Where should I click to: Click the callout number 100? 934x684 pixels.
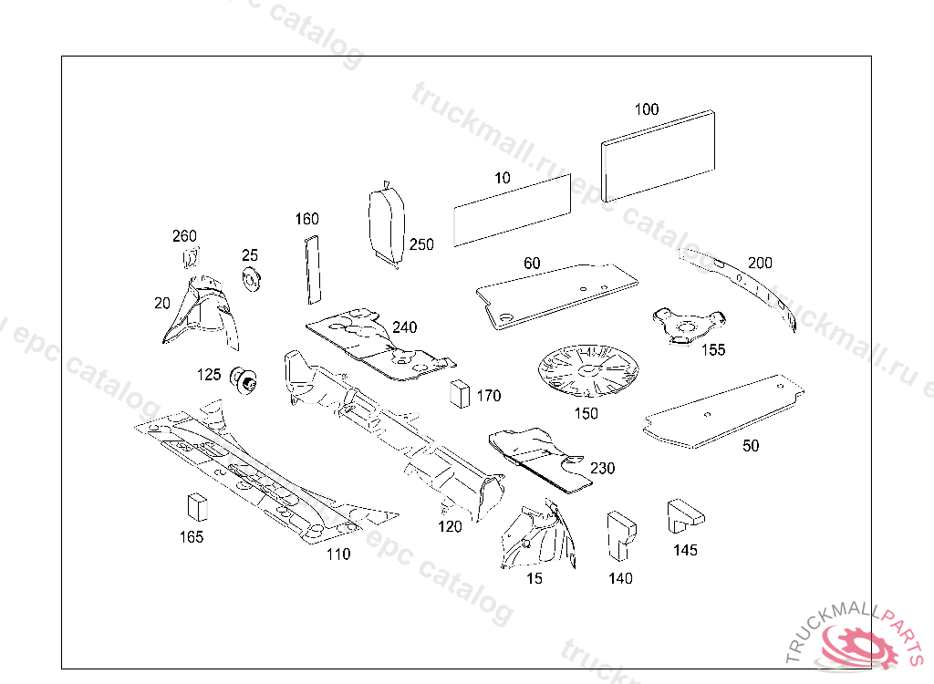coord(646,109)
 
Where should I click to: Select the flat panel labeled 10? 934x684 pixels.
coord(512,209)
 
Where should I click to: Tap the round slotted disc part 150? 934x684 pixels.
coord(585,370)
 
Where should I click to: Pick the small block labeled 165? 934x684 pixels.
coord(196,506)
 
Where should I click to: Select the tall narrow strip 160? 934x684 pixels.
coord(312,268)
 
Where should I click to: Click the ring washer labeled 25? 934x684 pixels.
coord(252,279)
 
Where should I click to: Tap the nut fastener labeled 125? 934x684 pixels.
coord(244,378)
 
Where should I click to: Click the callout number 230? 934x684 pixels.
coord(602,469)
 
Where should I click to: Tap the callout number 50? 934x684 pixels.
coord(751,446)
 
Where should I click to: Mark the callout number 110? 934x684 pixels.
coord(337,554)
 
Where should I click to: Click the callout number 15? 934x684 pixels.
coord(534,578)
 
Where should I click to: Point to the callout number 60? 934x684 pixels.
coord(532,264)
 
